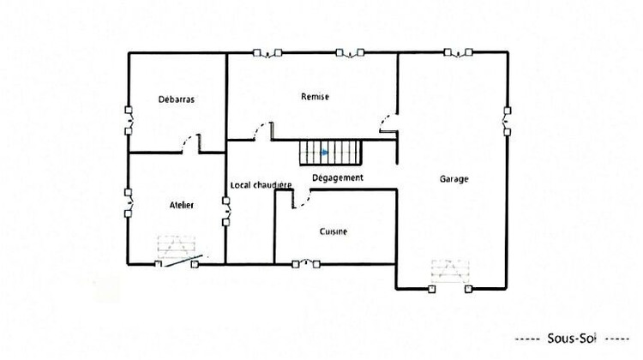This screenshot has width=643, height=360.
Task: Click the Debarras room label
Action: click(177, 99)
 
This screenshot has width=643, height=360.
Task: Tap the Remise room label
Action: click(315, 97)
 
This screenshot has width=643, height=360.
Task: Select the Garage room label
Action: click(454, 179)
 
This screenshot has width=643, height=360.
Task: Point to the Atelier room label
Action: click(181, 205)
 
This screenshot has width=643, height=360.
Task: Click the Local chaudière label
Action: click(261, 185)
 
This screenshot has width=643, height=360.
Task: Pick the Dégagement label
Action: click(337, 177)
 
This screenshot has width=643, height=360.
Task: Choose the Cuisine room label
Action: click(334, 231)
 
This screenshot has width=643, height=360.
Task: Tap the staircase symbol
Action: click(330, 153)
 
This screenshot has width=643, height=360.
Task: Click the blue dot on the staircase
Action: click(324, 153)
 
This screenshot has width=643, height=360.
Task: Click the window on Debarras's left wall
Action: click(129, 120)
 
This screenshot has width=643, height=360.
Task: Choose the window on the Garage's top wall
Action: click(460, 53)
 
